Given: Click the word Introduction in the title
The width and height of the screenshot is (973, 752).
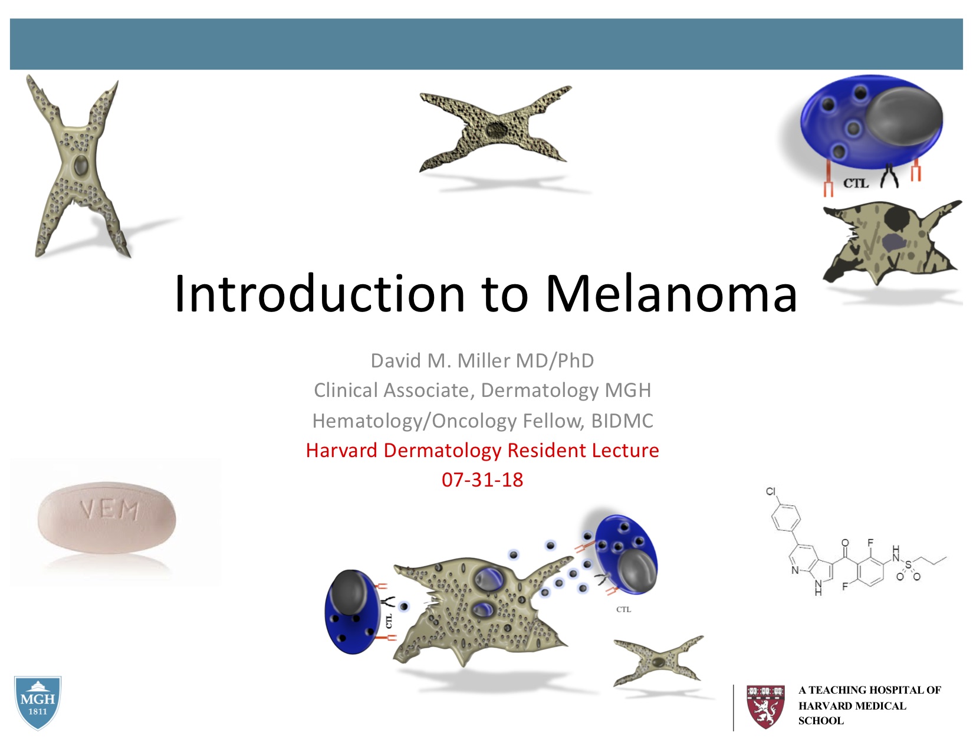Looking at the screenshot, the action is point(320,293).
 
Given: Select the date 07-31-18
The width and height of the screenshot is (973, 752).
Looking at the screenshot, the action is point(482,480).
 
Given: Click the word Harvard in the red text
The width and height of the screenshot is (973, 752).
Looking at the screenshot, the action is point(341,451).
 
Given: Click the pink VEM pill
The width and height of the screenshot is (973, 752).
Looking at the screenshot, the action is point(107,518).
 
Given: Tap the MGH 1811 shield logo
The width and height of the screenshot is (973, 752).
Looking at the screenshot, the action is point(38,702).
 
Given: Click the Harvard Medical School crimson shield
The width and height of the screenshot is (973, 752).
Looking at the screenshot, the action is point(765,707).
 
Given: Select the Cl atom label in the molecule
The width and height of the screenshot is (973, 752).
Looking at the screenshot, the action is point(770,491).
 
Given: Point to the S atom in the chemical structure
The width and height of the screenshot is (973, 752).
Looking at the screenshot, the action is point(908,565).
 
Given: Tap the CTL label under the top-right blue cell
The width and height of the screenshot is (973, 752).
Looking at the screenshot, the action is point(856,183).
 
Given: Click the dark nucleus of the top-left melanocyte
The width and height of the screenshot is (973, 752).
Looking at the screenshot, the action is point(81,166).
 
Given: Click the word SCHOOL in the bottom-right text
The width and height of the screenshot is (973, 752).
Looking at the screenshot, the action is point(821,721).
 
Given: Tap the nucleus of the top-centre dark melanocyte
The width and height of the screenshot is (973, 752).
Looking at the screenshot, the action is point(496,130).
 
